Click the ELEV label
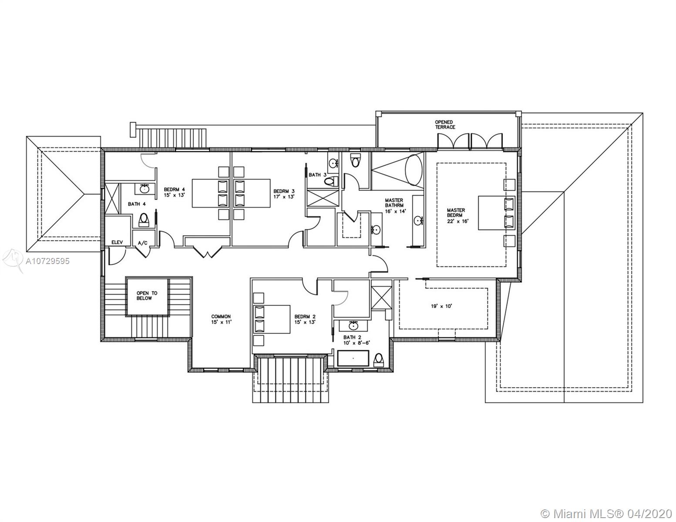117,242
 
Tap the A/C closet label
142,243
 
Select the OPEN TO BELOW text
147,296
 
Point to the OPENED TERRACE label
445,125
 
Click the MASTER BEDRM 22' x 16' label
457,216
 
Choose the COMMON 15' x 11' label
221,319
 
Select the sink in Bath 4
144,188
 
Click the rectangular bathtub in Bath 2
353,358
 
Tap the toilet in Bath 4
144,220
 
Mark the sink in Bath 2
353,326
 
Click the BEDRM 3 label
284,194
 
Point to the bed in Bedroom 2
272,319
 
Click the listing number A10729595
47,261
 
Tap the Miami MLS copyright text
606,513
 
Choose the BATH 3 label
318,175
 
